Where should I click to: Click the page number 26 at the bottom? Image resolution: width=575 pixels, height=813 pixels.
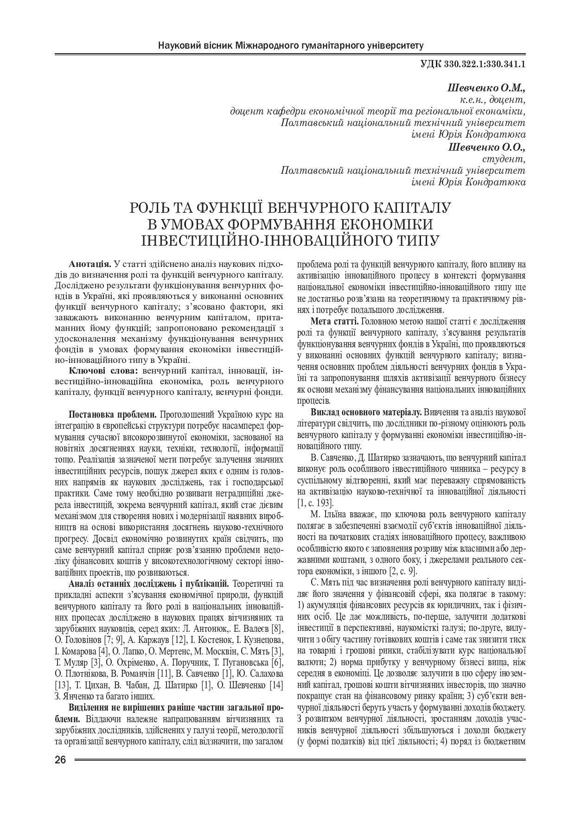point(60,760)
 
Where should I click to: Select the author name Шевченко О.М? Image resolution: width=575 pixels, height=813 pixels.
point(486,88)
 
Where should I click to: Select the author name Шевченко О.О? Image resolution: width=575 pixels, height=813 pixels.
point(487,147)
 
